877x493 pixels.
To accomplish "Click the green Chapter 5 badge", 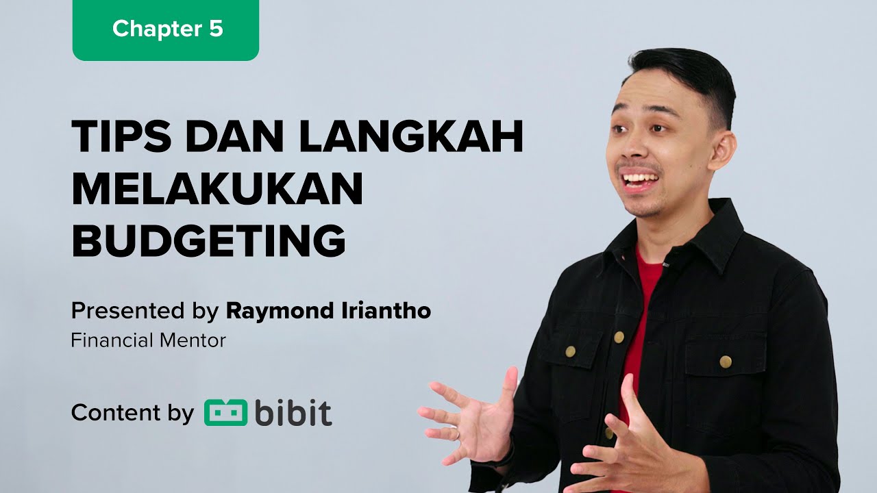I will [166, 29].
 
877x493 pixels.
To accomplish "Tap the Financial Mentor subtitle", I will [148, 340].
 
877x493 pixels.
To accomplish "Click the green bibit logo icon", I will [225, 413].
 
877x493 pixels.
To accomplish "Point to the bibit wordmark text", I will [293, 413].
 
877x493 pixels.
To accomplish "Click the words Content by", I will [132, 413].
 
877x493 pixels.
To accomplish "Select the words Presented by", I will [145, 312].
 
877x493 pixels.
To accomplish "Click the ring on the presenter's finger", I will [457, 433].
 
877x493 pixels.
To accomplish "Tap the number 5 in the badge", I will [216, 29].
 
